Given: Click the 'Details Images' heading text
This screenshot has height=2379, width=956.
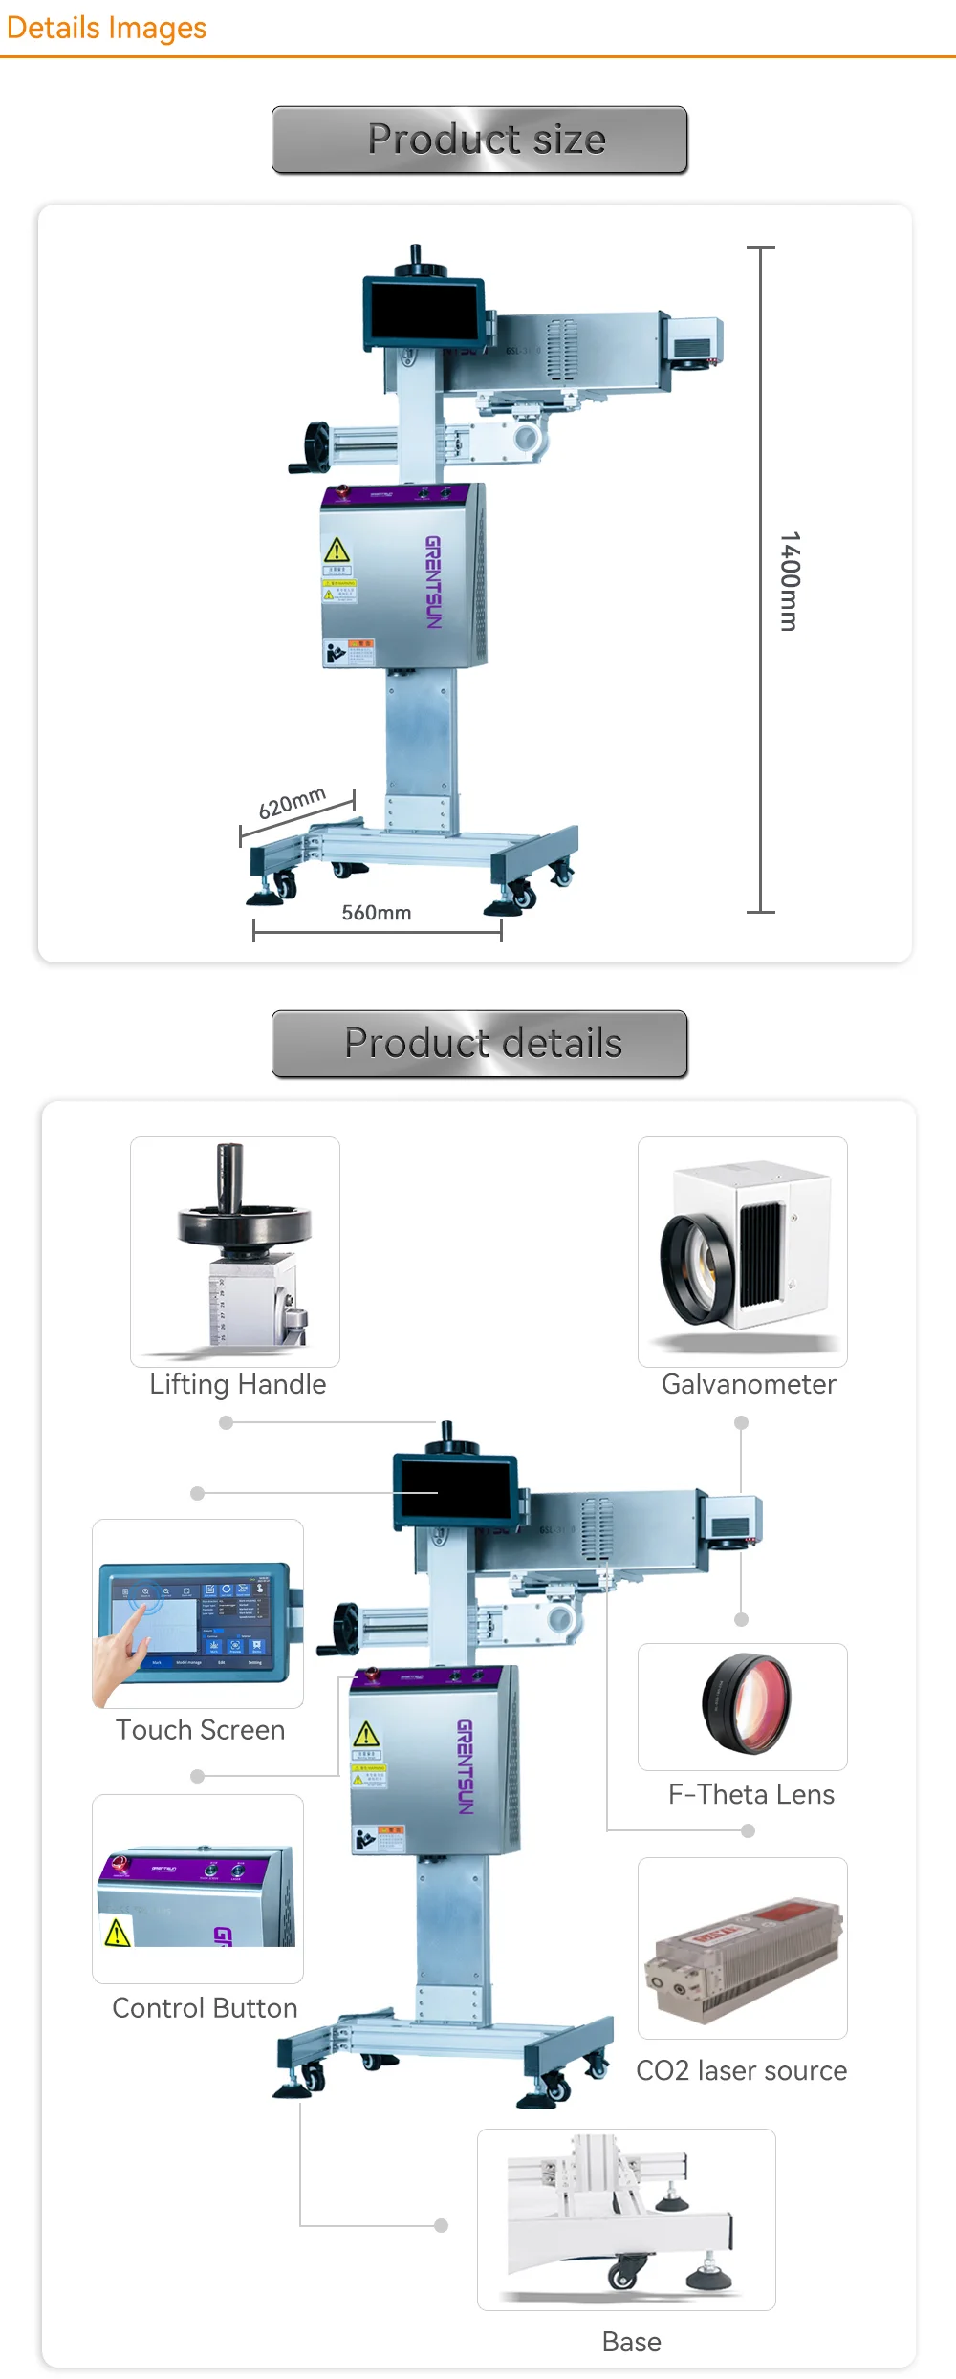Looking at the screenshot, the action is (106, 28).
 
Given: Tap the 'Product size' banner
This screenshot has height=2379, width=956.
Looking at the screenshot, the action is (480, 140).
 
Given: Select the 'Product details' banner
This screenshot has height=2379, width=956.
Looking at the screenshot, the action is (480, 1044).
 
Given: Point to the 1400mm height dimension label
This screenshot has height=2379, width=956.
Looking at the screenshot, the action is (790, 581).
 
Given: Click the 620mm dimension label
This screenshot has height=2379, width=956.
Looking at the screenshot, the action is (293, 803).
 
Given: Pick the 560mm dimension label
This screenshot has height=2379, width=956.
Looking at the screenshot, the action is (377, 913).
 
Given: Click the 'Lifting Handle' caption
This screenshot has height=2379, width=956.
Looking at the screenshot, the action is (238, 1384).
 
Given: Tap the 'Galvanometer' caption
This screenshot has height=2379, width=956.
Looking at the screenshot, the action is (749, 1384).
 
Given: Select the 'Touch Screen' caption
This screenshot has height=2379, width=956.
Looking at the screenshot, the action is (201, 1730).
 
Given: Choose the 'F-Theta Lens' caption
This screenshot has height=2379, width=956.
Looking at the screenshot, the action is (751, 1794).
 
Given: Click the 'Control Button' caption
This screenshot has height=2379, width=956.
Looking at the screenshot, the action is (205, 2008).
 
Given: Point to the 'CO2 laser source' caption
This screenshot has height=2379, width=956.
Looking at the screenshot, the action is (742, 2070).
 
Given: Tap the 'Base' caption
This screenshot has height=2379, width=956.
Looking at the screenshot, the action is (632, 2342).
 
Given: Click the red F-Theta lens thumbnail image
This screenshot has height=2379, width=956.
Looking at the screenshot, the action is (747, 1703).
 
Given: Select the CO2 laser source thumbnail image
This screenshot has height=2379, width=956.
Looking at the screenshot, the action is (743, 1949).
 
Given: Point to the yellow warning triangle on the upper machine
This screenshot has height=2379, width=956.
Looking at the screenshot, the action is (337, 551).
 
